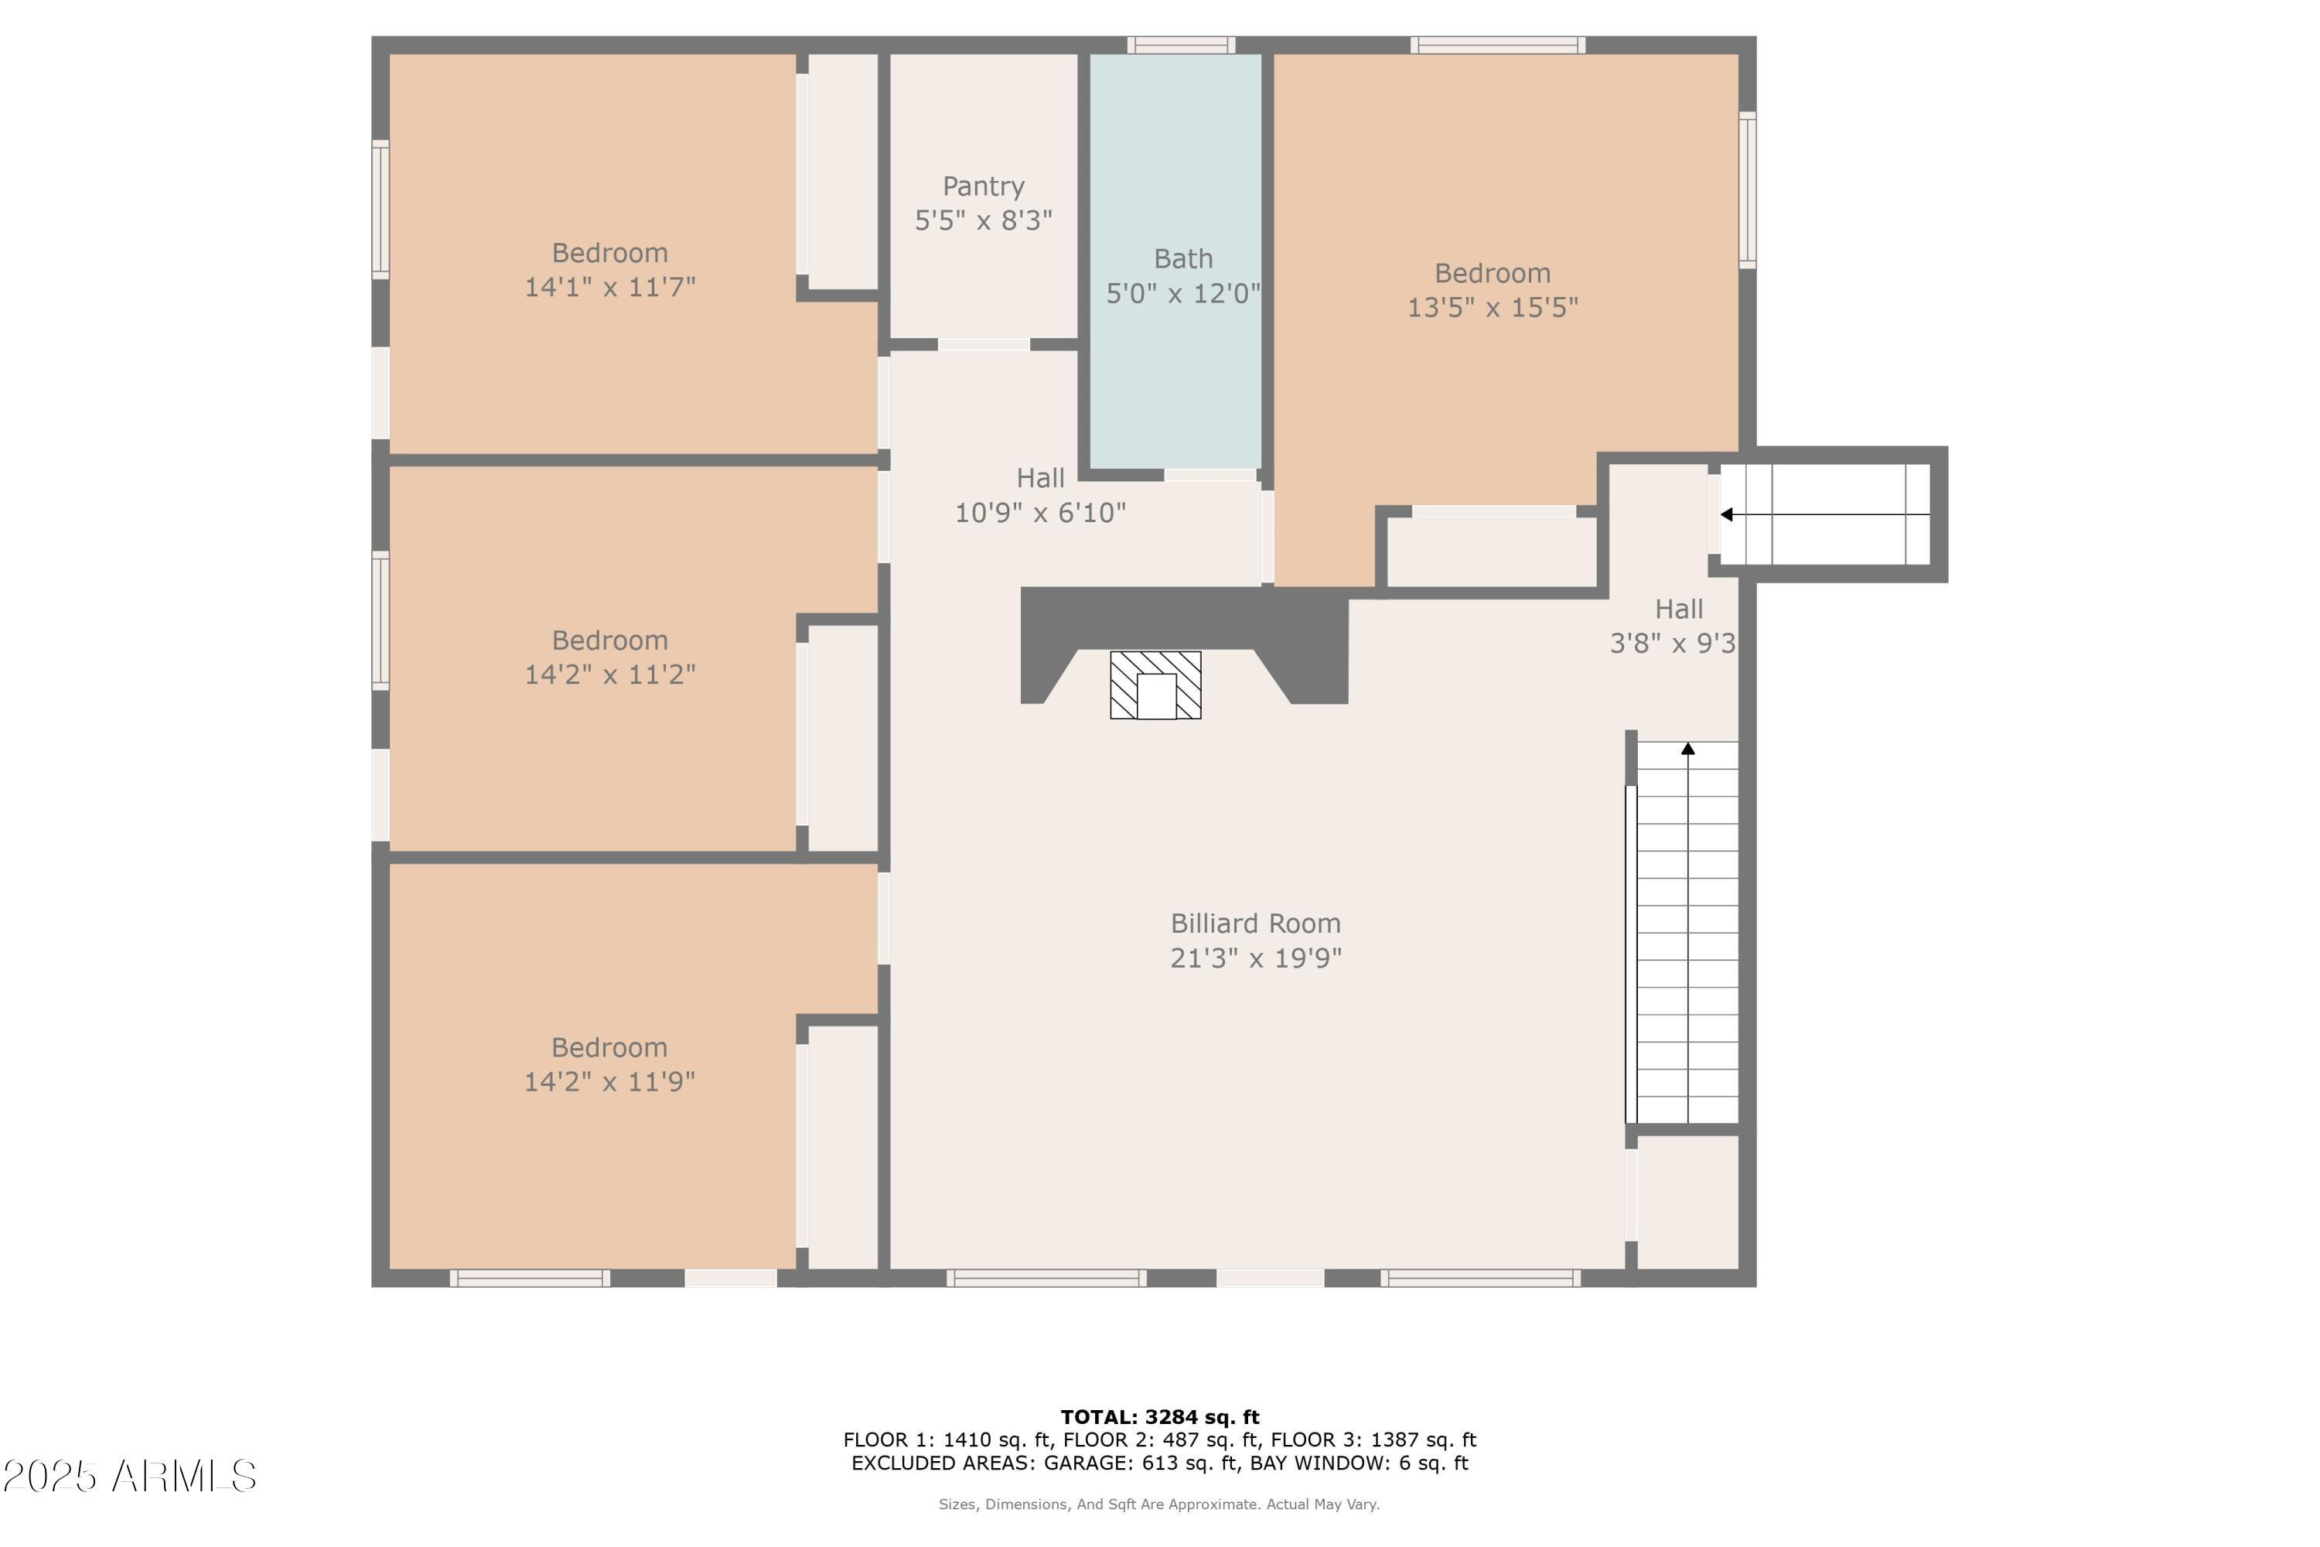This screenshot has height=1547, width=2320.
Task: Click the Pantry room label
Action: [984, 186]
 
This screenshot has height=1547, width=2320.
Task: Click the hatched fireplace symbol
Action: [1155, 685]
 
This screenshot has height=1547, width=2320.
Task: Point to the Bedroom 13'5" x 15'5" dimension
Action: [1493, 308]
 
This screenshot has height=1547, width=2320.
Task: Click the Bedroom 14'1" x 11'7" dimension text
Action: [609, 287]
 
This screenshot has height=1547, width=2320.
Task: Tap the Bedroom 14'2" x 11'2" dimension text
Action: [609, 674]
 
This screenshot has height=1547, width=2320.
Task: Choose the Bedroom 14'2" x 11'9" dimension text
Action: [609, 1082]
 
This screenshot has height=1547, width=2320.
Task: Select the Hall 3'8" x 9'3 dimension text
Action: [1673, 644]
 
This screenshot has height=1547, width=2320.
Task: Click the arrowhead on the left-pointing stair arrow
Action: [1727, 515]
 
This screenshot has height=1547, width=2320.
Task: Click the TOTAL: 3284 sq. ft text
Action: [1160, 1418]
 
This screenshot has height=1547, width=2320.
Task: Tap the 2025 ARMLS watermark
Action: [129, 1477]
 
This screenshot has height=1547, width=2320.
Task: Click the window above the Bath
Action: [1181, 44]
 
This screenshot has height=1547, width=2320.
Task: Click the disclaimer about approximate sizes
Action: [1159, 1504]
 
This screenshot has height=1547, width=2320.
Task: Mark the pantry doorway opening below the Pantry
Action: [984, 344]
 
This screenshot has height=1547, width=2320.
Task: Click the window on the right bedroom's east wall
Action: [1747, 190]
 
